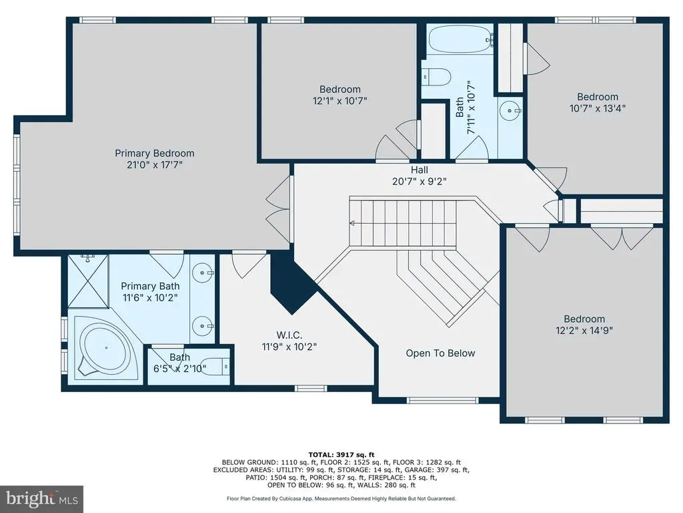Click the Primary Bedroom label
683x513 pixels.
click(154, 153)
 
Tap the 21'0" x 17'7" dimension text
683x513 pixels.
click(154, 164)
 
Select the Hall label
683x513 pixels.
click(419, 170)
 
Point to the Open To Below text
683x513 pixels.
click(440, 353)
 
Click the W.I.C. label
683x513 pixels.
click(289, 335)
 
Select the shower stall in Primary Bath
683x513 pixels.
click(89, 281)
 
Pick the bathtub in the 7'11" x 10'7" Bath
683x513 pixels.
click(460, 40)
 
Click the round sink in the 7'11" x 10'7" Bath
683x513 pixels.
click(509, 111)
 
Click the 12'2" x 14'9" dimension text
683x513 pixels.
click(584, 330)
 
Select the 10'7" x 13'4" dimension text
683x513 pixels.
click(597, 108)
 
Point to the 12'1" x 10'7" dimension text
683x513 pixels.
click(339, 101)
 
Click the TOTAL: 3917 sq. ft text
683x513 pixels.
click(341, 454)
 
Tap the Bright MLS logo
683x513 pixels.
click(42, 498)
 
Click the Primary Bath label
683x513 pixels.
click(150, 286)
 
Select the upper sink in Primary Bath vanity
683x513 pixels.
click(203, 273)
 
